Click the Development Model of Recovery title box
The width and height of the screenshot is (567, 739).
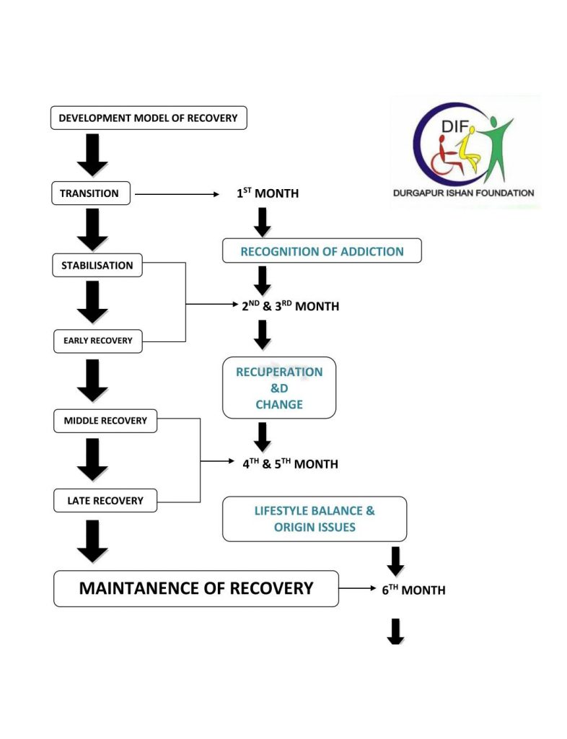[149, 118]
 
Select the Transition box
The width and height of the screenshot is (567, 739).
[90, 193]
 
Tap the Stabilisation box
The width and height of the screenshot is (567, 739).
[97, 266]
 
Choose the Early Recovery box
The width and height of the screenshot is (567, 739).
[97, 341]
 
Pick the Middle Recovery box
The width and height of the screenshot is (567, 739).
[105, 421]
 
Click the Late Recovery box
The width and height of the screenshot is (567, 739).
[105, 501]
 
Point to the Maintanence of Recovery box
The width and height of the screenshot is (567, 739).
[196, 589]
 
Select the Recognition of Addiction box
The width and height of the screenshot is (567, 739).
[322, 251]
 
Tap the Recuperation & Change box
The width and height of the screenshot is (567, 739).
[278, 388]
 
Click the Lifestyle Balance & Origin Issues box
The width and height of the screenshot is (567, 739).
[314, 519]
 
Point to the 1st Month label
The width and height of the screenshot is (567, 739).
[268, 193]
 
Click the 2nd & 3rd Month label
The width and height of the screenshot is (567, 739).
[290, 306]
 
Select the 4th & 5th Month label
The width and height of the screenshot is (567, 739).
[290, 464]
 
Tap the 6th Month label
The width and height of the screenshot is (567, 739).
[413, 590]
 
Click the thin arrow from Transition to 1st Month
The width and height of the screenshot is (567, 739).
[177, 194]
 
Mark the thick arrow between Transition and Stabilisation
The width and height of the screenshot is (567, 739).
[92, 230]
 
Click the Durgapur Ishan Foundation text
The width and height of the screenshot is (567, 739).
[463, 193]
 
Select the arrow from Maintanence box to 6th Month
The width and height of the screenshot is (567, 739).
[358, 588]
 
